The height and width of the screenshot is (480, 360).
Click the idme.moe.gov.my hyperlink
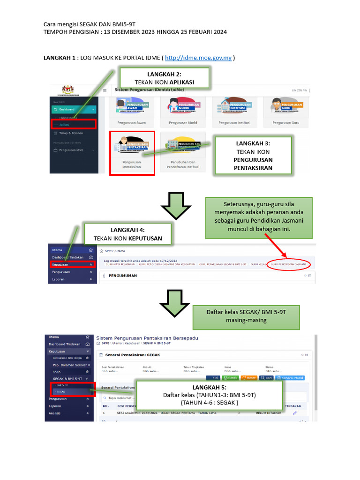[x=199, y=58]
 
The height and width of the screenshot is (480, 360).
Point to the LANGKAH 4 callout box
[x=127, y=234]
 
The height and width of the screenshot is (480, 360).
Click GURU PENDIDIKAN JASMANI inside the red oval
[x=288, y=265]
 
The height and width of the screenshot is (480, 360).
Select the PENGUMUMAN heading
[x=123, y=276]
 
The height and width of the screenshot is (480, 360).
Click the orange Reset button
[x=249, y=378]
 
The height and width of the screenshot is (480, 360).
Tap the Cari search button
[x=266, y=378]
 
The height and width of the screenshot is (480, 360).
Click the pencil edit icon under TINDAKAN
[x=295, y=413]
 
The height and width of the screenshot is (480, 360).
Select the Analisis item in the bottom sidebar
[x=55, y=413]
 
